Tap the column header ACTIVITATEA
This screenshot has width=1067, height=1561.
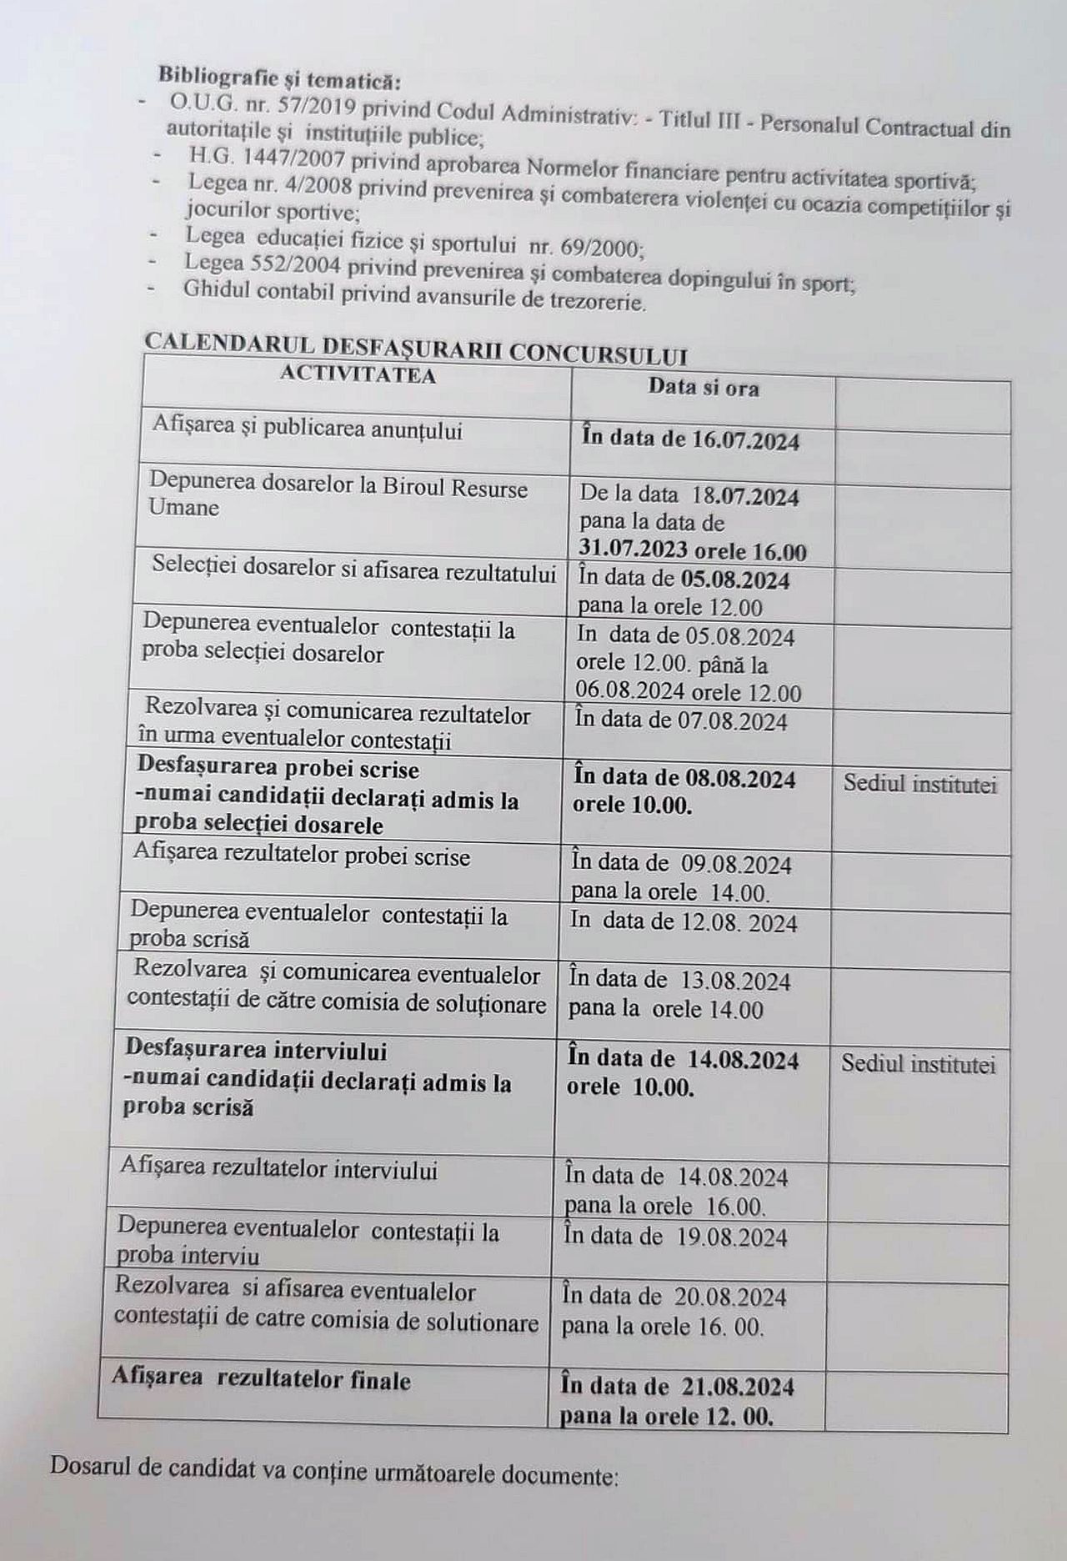coord(358,374)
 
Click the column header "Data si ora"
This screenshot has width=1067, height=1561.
coord(704,387)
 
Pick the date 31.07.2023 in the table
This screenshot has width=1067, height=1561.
coord(634,550)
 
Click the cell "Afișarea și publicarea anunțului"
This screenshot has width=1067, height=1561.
coord(307,429)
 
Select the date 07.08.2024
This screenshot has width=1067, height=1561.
coord(734,720)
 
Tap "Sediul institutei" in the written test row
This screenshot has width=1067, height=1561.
coord(919,784)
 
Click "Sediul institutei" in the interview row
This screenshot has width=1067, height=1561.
coord(918,1064)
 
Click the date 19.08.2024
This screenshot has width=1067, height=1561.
coord(733,1237)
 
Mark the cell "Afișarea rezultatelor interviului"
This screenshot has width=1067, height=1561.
coord(278,1169)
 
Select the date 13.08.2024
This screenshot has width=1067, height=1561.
coord(735,981)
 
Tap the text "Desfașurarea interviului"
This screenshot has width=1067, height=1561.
coord(255,1050)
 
